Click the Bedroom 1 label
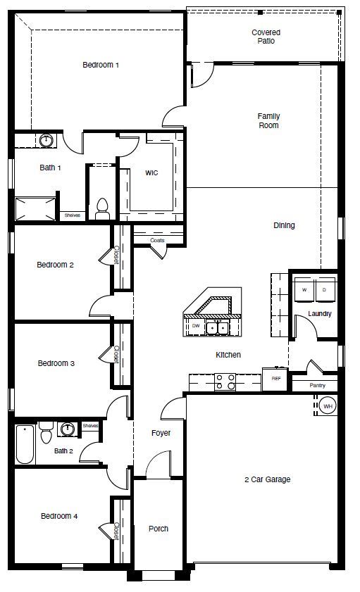[101, 65]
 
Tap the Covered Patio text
[266, 37]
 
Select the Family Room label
[268, 120]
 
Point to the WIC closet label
[151, 172]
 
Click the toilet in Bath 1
[102, 206]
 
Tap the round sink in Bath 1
[46, 141]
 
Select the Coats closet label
[158, 241]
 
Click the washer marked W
[304, 289]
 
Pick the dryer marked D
[325, 289]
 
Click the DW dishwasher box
[195, 326]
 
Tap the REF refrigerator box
[275, 378]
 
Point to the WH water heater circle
[328, 405]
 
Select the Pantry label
[318, 386]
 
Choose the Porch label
[158, 529]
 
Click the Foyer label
[161, 433]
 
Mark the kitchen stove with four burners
[225, 382]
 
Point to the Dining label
[284, 225]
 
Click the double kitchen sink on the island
[217, 327]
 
